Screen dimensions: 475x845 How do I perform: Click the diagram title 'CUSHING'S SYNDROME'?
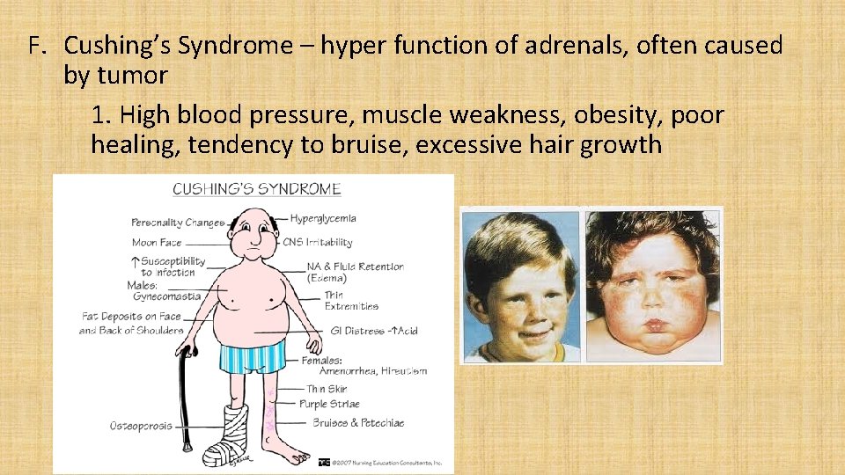(x=256, y=189)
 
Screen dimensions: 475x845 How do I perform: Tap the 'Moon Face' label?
(x=157, y=242)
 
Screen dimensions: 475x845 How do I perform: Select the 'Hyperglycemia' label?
(x=323, y=218)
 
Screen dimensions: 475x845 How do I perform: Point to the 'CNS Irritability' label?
(x=318, y=242)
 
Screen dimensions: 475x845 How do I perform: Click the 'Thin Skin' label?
(x=327, y=388)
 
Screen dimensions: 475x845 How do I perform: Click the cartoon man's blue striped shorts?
(x=253, y=356)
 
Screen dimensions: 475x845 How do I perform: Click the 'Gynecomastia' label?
(x=166, y=296)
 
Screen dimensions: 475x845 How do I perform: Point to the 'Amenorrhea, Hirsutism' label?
(x=373, y=370)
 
